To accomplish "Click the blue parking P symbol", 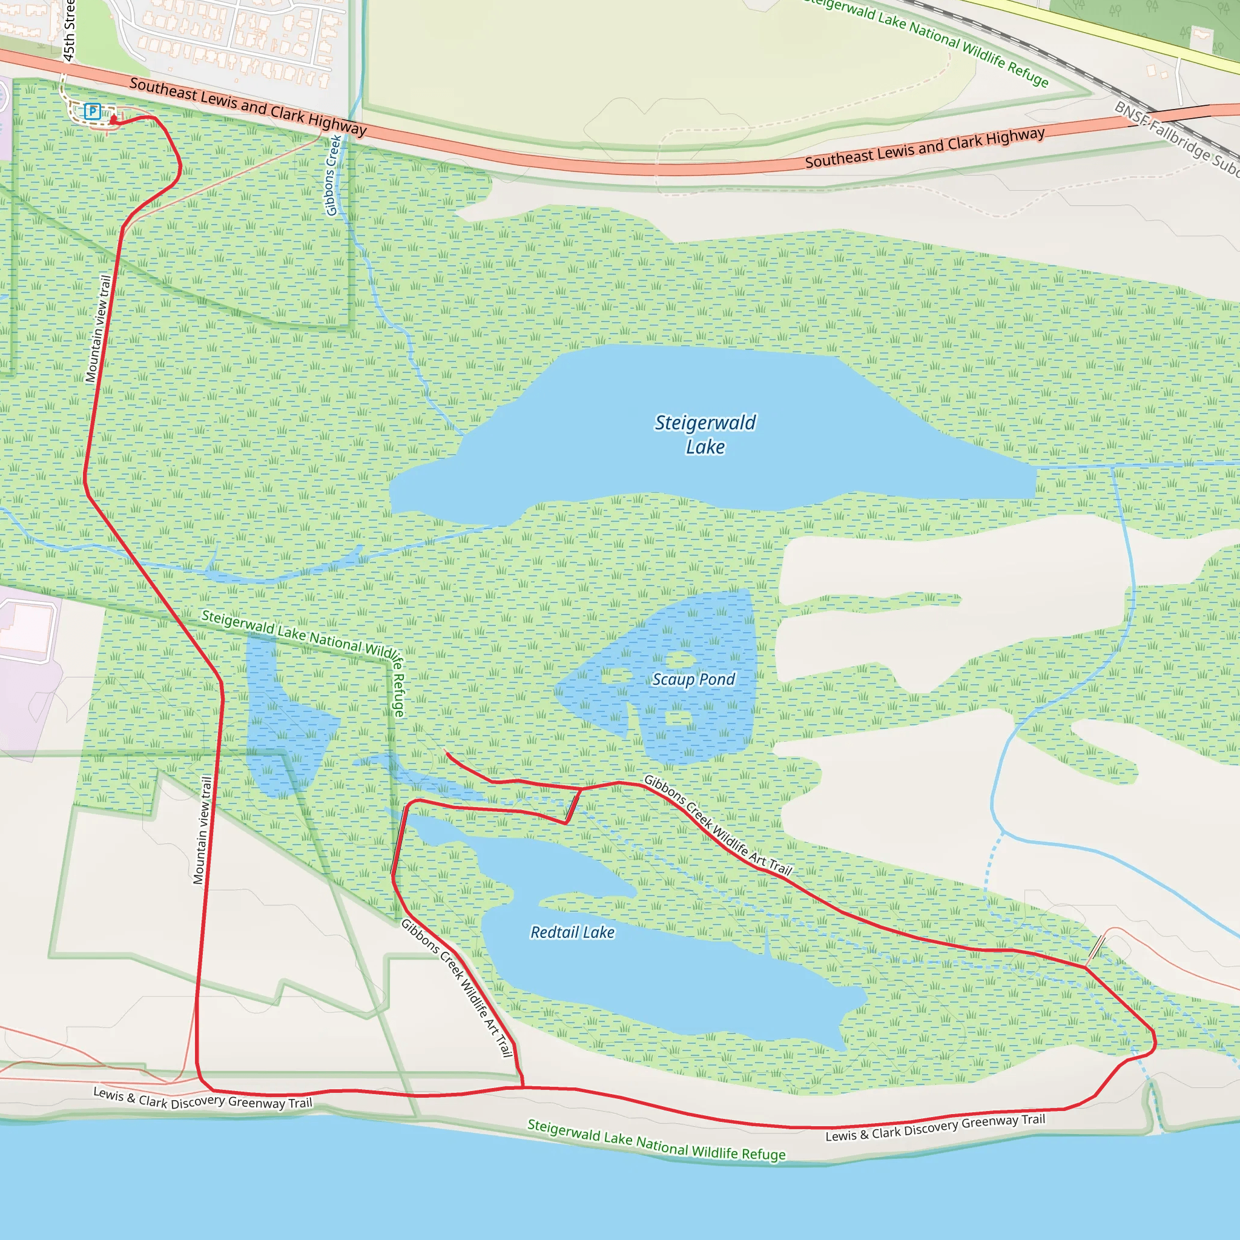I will pos(93,111).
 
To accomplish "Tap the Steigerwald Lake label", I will pos(705,435).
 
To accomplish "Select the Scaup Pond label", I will pos(693,679).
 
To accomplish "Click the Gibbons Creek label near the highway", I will pos(332,175).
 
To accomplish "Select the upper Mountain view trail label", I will pos(98,329).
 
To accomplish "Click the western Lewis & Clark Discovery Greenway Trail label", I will pos(203,1098).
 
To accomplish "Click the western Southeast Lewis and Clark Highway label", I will pos(248,107).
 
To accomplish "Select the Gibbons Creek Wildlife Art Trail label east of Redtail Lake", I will pos(717,825).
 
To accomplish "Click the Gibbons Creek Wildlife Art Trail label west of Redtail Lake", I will pos(457,988).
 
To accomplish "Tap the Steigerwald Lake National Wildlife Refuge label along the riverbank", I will pos(656,1140).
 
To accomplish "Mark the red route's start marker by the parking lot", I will pos(114,119).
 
